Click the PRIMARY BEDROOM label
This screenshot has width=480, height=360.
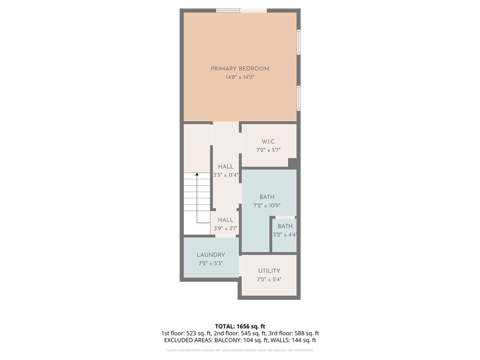240,69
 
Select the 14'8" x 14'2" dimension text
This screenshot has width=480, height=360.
240,77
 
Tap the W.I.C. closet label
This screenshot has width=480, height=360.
268,142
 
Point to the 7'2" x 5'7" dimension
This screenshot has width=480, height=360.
268,150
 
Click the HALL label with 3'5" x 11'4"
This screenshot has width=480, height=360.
226,166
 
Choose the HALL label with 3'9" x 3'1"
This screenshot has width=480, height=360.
225,220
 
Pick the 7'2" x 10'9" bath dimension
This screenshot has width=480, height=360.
267,206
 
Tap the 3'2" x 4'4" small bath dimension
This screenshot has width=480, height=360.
285,235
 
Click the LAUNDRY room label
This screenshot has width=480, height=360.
211,255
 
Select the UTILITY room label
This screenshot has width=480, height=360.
269,271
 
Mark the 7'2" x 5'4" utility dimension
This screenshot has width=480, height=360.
269,279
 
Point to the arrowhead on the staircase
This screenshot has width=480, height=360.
197,174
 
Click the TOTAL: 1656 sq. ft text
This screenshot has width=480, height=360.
240,326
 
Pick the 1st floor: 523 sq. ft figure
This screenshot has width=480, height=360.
186,333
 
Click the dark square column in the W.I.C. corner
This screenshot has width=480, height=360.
292,163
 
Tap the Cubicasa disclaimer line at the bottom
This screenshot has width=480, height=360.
240,350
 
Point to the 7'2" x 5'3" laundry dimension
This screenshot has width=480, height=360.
210,263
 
